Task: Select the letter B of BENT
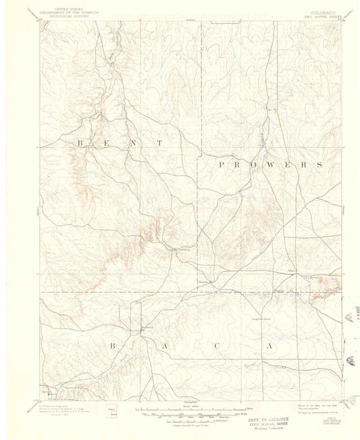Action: click(x=80, y=143)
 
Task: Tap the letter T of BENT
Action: click(x=160, y=143)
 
